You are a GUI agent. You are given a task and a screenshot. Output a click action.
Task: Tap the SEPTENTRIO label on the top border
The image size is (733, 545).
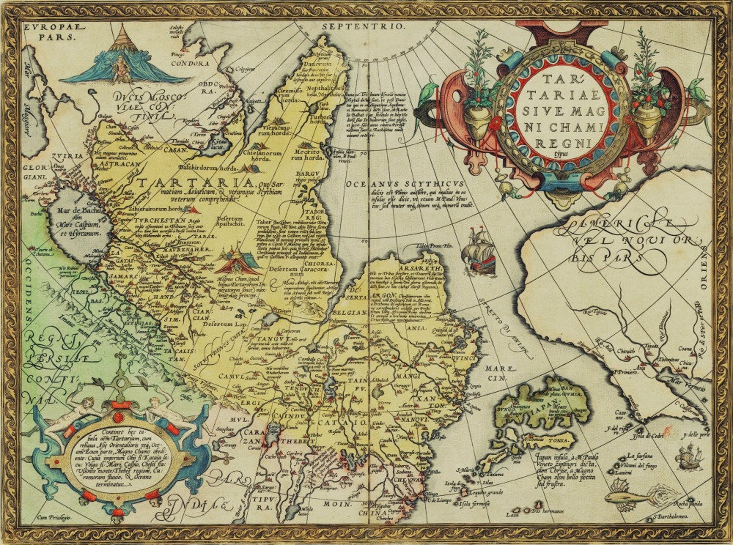coord(363,26)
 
